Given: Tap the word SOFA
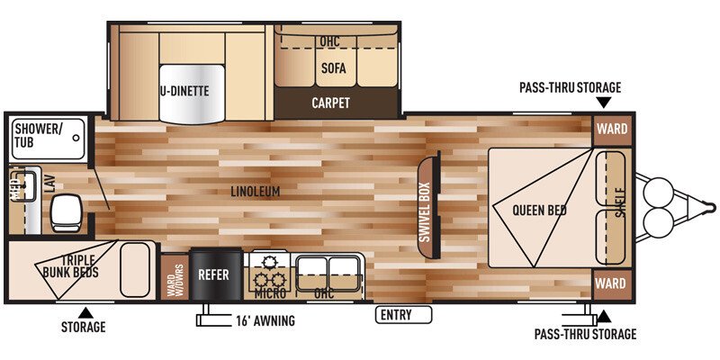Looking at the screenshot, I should tap(333, 68).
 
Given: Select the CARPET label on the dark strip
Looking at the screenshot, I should tap(330, 103).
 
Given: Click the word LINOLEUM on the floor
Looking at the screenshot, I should tap(256, 192).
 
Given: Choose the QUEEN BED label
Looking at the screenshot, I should tap(539, 211).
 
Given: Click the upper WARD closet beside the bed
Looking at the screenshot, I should tap(610, 129).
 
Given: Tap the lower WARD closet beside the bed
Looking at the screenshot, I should tap(610, 283).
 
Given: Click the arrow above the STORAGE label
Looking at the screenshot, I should tap(83, 310).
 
